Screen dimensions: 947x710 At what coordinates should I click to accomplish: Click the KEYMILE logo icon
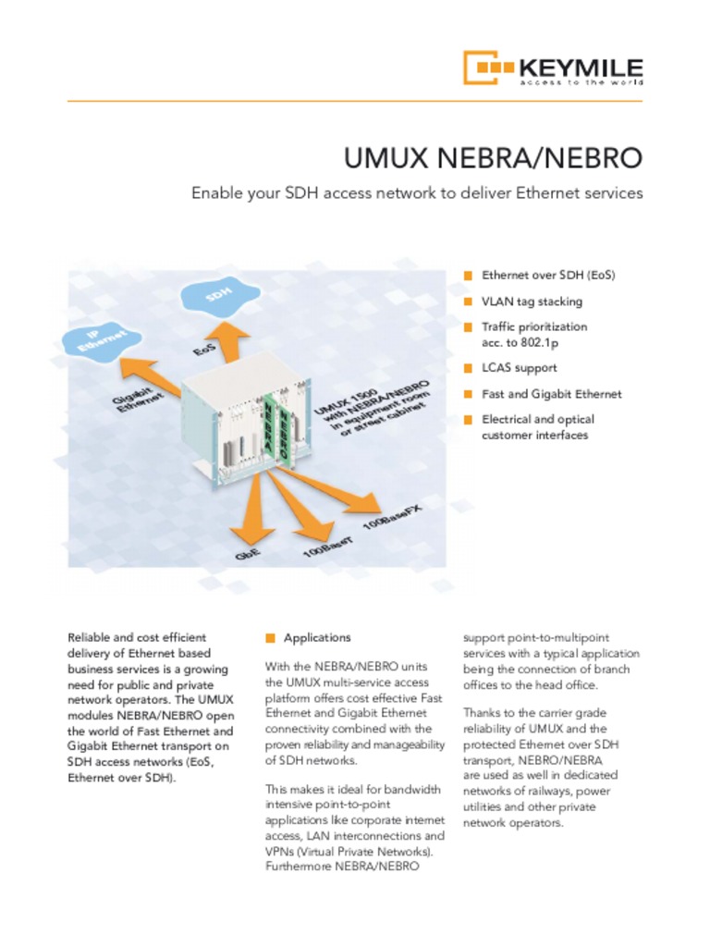486,68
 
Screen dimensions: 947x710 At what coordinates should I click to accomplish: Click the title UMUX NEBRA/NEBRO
493,158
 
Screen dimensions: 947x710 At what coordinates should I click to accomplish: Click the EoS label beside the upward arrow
205,352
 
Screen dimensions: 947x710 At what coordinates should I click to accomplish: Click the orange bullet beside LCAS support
468,368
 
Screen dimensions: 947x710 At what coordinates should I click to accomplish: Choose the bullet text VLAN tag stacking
532,301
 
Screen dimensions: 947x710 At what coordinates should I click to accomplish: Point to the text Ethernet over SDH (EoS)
548,276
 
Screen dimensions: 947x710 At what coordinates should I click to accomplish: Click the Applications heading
317,637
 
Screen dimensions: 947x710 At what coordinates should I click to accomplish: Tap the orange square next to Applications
270,637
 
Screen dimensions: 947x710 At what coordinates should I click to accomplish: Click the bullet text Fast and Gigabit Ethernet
552,394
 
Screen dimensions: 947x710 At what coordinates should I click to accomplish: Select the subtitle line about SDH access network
417,193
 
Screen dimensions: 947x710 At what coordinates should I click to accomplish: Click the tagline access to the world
581,82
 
